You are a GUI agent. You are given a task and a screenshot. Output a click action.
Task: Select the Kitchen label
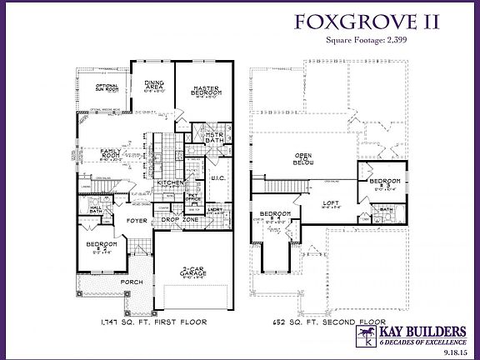click(170, 182)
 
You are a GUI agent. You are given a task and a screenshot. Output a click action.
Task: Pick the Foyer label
click(137, 222)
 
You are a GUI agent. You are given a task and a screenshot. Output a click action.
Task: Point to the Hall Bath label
click(94, 209)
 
